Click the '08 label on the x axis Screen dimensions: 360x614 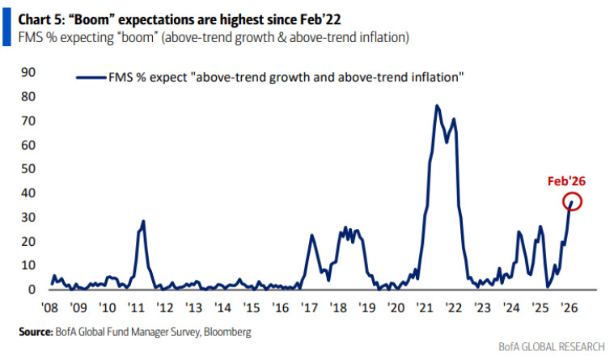(x=49, y=307)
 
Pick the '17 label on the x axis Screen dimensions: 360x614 (x=309, y=307)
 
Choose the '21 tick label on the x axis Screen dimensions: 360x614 (x=425, y=307)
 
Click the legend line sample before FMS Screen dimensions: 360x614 (x=90, y=77)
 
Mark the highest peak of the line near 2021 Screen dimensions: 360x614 (x=437, y=106)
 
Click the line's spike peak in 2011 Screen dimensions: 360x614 (x=143, y=221)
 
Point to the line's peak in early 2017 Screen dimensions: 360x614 (x=312, y=235)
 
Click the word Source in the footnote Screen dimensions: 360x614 (x=36, y=332)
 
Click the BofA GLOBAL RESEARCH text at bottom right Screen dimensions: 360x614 (x=555, y=346)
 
